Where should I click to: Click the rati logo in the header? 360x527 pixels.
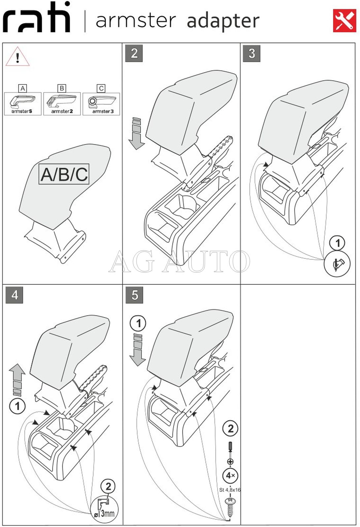[37, 18]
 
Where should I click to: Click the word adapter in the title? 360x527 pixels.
[223, 21]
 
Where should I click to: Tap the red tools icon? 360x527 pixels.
[344, 21]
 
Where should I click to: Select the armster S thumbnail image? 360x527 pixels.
[22, 103]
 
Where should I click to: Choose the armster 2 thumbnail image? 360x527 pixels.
[62, 103]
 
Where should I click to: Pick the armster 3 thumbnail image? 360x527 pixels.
[101, 103]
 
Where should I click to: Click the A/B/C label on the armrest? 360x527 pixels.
[64, 174]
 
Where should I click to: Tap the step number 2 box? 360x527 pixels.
[134, 53]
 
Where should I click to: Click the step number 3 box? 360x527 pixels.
[251, 53]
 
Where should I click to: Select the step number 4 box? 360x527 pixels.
[15, 295]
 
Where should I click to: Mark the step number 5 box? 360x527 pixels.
[134, 295]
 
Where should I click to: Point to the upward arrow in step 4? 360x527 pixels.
[17, 379]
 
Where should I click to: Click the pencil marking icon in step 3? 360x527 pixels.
[337, 264]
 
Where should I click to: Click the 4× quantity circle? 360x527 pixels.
[230, 475]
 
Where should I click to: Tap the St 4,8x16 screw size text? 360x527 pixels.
[230, 490]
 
